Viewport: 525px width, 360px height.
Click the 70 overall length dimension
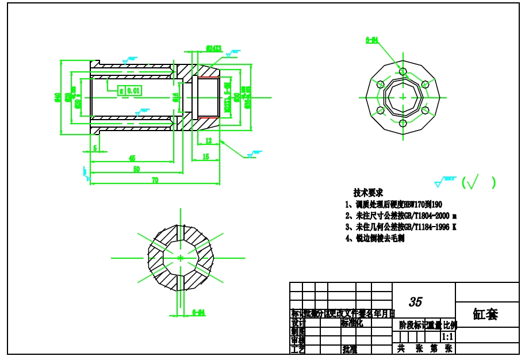(155, 180)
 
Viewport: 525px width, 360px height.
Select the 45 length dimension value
(132, 158)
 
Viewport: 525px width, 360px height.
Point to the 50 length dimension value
(136, 169)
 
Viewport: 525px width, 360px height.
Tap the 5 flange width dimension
(95, 148)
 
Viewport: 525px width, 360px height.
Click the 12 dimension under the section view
(208, 141)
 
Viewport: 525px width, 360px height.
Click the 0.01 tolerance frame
(133, 90)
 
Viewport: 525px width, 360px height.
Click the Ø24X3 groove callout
(213, 49)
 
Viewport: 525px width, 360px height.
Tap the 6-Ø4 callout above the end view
(371, 40)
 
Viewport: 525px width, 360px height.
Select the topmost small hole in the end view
(403, 72)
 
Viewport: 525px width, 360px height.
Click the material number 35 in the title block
(415, 302)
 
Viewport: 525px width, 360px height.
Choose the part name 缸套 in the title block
(486, 314)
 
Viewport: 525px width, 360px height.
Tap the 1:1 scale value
(447, 336)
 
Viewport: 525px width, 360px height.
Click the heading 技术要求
(368, 193)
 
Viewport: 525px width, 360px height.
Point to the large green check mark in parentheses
(473, 183)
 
